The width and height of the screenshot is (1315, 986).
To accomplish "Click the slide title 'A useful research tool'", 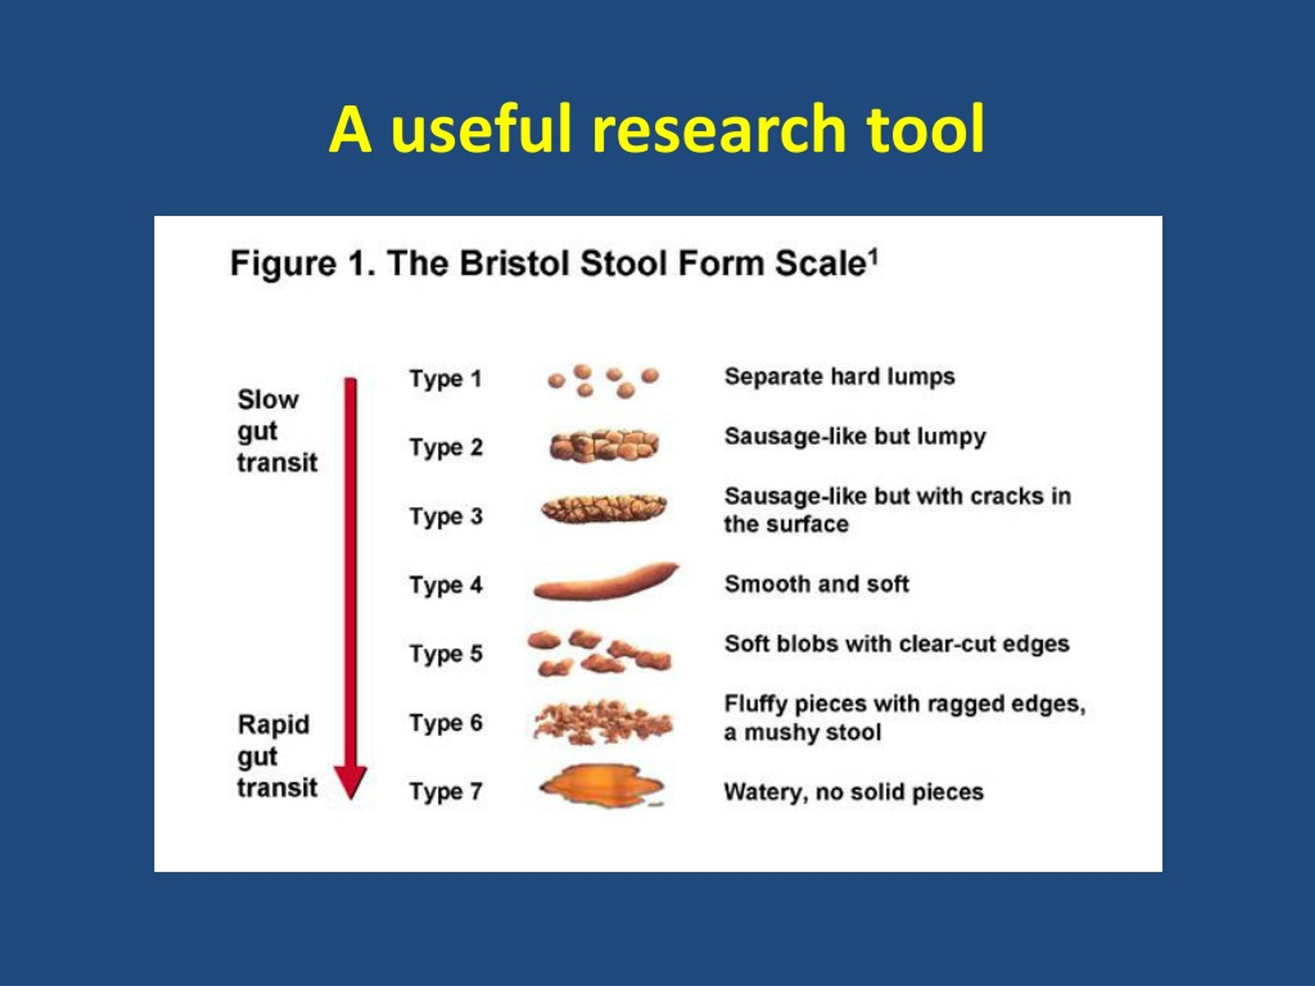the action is [x=657, y=129].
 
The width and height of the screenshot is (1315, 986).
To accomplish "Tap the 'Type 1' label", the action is [x=445, y=379].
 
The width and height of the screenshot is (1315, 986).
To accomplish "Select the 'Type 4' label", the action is [x=446, y=585].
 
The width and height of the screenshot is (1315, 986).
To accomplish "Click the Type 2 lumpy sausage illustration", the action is [x=604, y=446].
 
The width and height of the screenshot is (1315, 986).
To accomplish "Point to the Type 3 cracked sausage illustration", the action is [x=604, y=509].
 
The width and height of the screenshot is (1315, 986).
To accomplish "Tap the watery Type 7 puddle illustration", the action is [x=602, y=786].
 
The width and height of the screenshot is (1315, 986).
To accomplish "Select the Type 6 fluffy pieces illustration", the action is [x=603, y=722].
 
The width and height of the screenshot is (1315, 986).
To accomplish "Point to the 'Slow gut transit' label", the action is [x=277, y=431].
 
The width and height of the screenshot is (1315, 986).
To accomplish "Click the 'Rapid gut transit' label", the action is [x=277, y=756].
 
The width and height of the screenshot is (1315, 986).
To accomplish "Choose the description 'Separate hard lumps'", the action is [x=839, y=376].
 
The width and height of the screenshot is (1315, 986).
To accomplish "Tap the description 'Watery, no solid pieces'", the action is [x=854, y=792].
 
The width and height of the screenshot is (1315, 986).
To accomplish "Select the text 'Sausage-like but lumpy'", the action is [x=855, y=437].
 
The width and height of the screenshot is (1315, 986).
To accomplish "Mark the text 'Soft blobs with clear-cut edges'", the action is [x=896, y=643].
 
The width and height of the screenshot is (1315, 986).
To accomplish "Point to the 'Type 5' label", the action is [x=446, y=654].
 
